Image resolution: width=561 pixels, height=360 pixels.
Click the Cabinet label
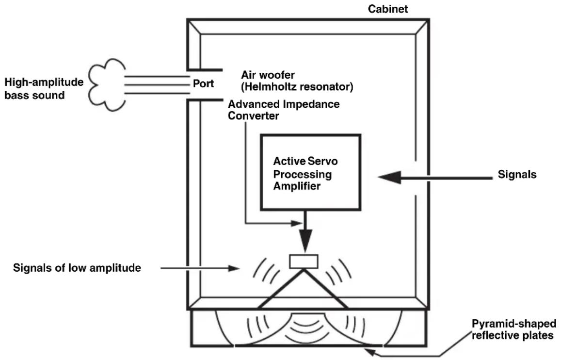tap(388, 9)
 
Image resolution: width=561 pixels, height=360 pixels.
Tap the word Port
tap(203, 83)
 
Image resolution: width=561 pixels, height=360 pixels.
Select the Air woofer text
tap(268, 75)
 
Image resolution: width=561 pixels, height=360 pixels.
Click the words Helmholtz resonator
tap(297, 86)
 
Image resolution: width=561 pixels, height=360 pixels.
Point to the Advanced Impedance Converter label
tap(283, 110)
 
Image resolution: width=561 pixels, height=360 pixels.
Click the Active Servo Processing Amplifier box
tap(310, 172)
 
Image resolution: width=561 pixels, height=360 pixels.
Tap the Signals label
tap(517, 174)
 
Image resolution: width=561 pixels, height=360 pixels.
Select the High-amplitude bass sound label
tap(44, 88)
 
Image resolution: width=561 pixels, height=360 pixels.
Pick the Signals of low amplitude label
tap(77, 268)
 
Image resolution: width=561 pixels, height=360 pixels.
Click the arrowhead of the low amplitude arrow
tap(234, 268)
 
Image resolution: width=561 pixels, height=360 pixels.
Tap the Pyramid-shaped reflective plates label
tap(514, 329)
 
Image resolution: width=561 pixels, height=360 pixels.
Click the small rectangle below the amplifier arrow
tap(304, 262)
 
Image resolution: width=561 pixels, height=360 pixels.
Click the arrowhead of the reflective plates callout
tap(370, 352)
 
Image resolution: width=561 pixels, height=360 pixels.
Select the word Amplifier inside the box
tap(297, 186)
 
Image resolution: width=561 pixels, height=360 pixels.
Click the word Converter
tap(253, 116)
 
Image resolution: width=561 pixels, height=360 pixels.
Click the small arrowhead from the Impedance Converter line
tap(297, 223)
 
